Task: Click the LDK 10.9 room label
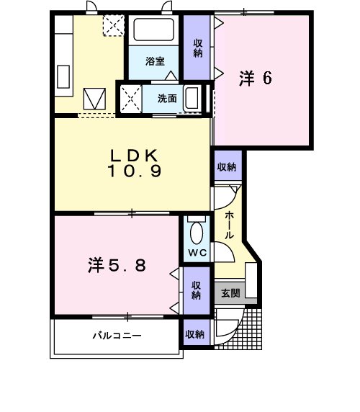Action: point(135,164)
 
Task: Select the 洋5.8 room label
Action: point(117,265)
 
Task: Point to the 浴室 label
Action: point(154,61)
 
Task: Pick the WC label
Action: point(197,254)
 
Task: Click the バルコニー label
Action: point(116,336)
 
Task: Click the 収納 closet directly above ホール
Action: point(226,167)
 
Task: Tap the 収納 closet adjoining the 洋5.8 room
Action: point(197,290)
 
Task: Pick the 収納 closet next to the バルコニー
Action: point(195,334)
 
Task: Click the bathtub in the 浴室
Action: point(154,31)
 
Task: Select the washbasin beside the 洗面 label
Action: point(192,98)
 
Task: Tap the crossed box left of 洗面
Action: point(130,97)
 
